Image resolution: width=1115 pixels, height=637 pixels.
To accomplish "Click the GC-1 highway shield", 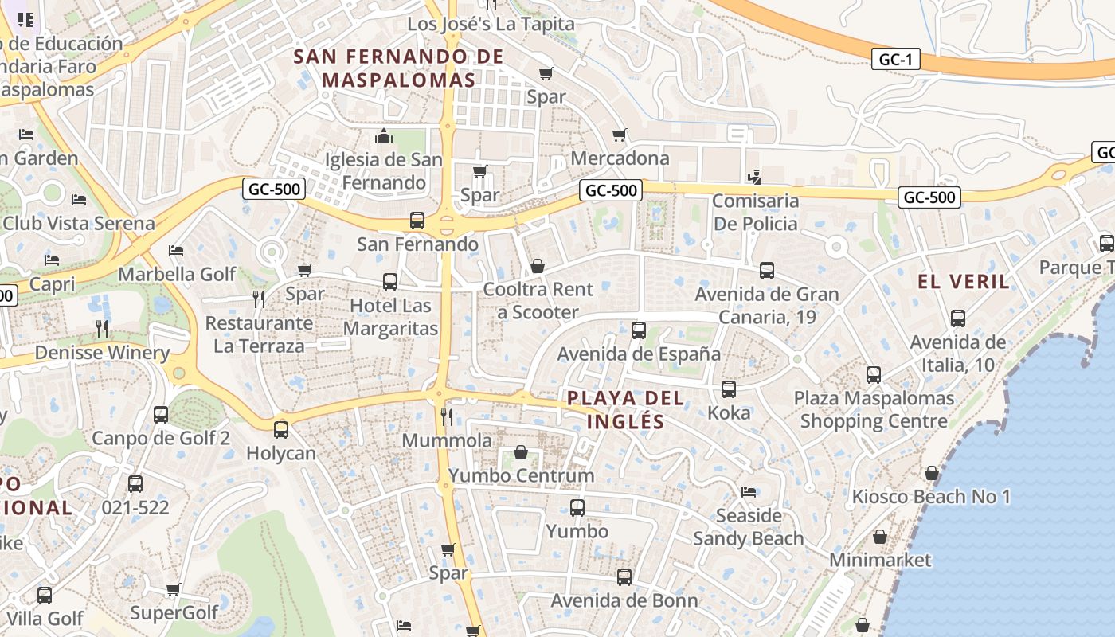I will [896, 59].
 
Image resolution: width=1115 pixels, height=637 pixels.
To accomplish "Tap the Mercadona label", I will [620, 158].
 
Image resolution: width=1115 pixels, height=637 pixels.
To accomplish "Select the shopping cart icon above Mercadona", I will [619, 135].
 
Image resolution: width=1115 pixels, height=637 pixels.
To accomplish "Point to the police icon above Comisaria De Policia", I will [754, 177].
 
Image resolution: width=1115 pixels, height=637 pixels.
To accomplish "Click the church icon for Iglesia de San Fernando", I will [384, 136].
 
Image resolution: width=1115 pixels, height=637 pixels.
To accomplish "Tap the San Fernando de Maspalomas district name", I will [398, 68].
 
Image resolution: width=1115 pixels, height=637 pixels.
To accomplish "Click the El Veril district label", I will [964, 281].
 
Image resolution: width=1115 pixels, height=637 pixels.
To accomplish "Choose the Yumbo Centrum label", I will [521, 475].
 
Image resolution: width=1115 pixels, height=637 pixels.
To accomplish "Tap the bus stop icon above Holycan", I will [280, 430].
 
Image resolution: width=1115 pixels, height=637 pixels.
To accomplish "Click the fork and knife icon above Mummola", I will [447, 416].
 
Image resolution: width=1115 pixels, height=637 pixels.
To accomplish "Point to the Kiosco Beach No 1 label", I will [931, 497].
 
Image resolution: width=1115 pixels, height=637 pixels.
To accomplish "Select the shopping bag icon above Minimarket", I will [879, 537].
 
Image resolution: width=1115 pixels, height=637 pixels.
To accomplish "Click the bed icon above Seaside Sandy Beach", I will [748, 491].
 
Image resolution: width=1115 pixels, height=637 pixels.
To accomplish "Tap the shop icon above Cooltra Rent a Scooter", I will [538, 265].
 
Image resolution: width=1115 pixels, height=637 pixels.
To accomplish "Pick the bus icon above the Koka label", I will [728, 389].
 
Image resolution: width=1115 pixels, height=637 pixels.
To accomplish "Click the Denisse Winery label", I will [102, 352].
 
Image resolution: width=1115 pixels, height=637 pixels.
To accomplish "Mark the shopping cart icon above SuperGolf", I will [173, 590].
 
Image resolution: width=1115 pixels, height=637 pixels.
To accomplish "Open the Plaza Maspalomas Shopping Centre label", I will [874, 409].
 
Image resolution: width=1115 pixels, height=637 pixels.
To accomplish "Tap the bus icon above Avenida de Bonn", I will [624, 577].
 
